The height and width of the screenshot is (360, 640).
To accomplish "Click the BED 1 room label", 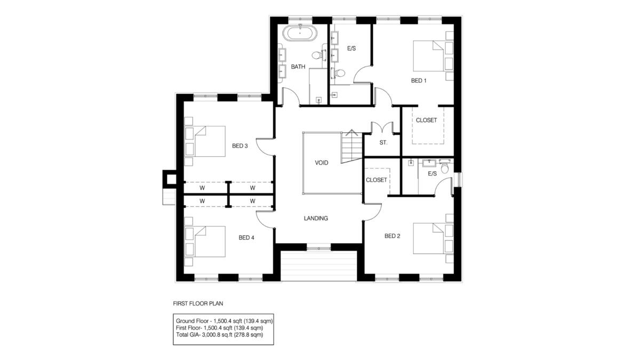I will (x=419, y=81).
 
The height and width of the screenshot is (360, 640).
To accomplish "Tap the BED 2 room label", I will (x=392, y=236).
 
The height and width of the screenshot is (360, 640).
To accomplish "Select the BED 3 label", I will (x=239, y=146).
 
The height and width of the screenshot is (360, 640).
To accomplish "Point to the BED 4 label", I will (x=246, y=238).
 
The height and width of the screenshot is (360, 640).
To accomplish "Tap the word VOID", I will (x=322, y=163).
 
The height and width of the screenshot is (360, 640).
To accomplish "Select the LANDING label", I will (x=316, y=218).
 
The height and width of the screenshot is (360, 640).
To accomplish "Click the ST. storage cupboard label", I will (x=383, y=143).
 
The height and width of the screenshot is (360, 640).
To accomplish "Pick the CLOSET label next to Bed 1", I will (x=426, y=120).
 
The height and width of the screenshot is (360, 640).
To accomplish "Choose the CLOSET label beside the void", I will (x=376, y=180).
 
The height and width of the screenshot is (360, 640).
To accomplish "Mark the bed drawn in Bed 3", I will (x=208, y=141).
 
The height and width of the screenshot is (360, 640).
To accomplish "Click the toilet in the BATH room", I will (x=316, y=55).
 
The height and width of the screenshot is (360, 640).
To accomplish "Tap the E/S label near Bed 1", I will (x=351, y=49).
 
